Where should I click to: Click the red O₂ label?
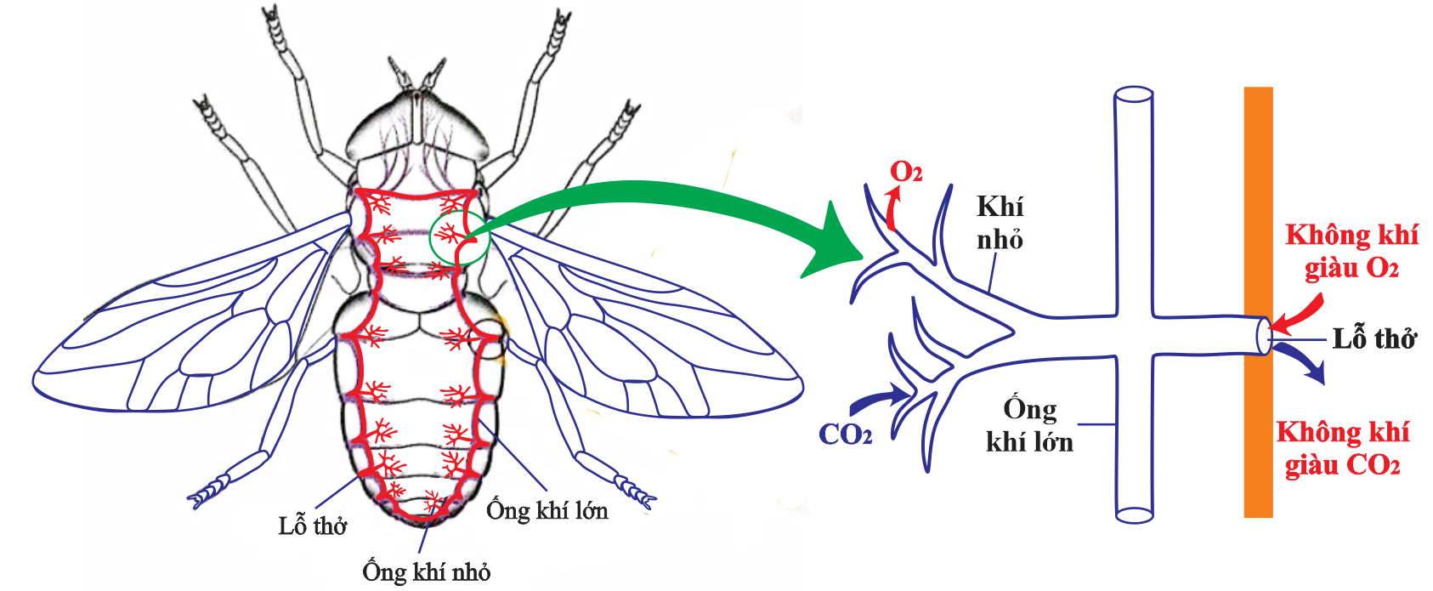coord(905,173)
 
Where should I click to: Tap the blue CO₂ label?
coord(845,435)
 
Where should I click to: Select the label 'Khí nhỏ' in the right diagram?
coord(1000,223)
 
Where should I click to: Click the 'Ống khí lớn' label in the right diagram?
coord(1029,425)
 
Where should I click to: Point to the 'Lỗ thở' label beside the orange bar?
coord(1374,338)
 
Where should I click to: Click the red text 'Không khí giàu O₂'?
coord(1351,251)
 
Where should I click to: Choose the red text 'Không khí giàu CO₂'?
coord(1342,448)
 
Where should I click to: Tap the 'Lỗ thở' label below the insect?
coord(312,526)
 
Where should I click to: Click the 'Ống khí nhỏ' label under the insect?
coord(426,571)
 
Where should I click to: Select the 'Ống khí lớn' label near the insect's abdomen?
coord(547,510)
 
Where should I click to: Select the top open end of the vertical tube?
coord(1133,94)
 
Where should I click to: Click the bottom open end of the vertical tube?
coord(1134,514)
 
